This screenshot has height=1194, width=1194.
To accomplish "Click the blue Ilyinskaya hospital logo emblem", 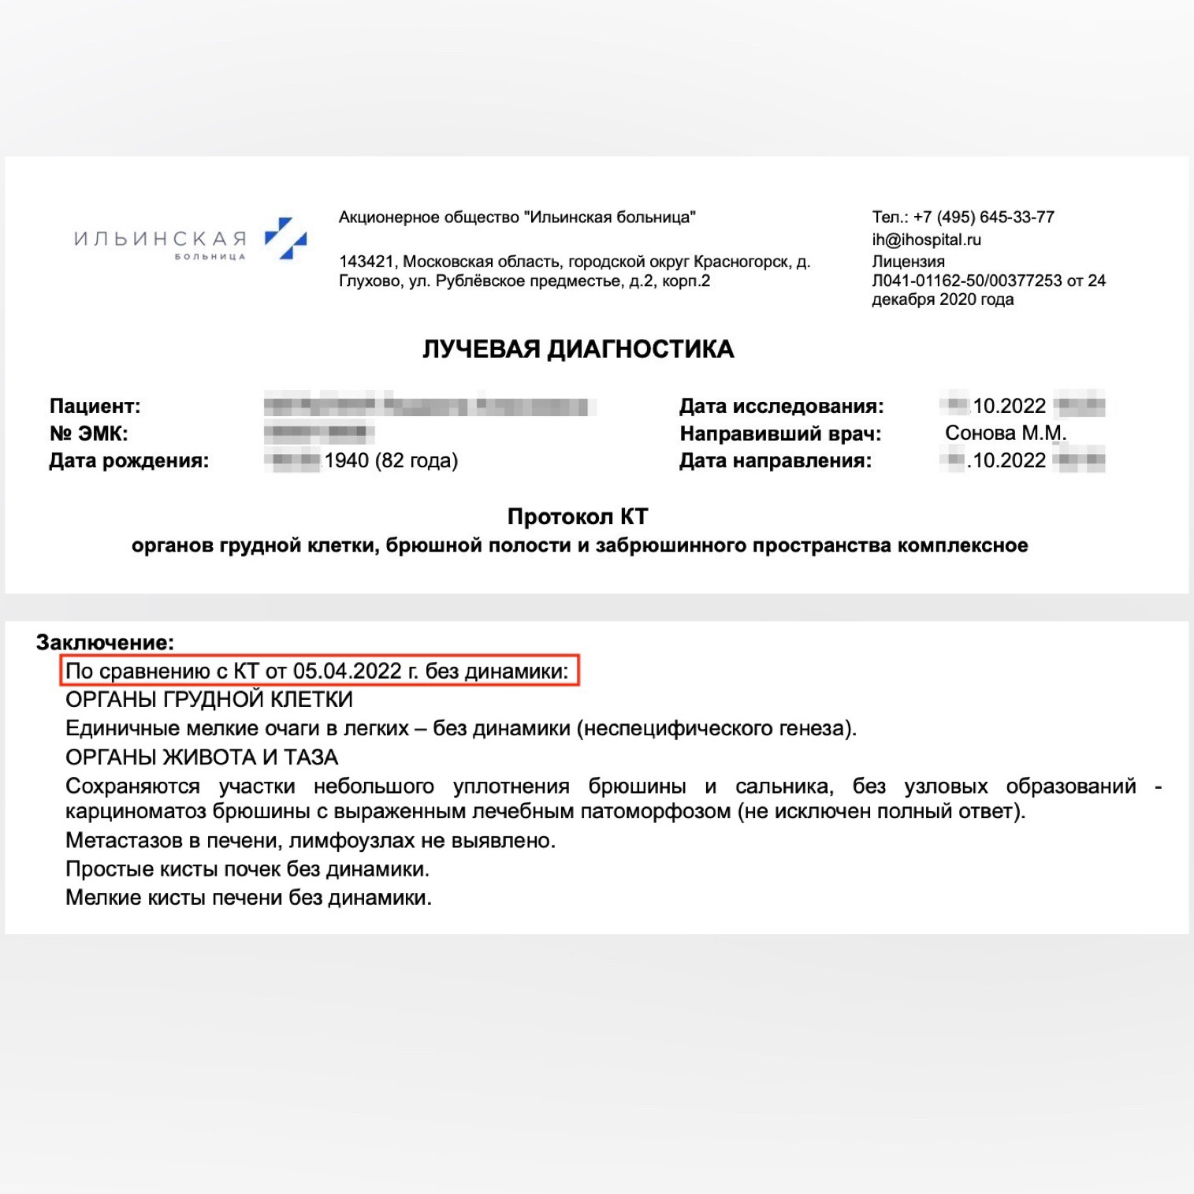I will [285, 238].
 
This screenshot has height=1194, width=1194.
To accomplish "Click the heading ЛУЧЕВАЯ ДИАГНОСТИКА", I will [578, 349].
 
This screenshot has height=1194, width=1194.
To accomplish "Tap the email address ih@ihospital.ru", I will [926, 240].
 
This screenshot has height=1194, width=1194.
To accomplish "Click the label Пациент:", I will [95, 406].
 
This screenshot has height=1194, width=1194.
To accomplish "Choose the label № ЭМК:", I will [88, 433].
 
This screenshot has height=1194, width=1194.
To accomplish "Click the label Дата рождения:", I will [128, 460].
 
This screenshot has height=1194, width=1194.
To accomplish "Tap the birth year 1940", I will [346, 460].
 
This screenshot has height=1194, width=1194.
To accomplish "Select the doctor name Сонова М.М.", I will [1005, 433].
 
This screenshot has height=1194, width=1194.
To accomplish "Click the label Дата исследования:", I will [781, 406].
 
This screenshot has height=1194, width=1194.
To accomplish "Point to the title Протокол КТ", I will [578, 516].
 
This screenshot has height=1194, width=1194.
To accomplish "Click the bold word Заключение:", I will [105, 642].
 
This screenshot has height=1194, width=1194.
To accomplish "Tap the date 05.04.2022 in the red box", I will [347, 671].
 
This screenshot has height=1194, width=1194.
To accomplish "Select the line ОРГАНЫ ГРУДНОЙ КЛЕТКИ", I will [209, 700].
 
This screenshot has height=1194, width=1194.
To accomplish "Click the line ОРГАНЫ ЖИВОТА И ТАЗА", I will [202, 757].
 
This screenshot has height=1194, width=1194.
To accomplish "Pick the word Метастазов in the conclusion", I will [125, 841].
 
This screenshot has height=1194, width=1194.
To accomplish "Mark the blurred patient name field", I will [430, 407].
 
